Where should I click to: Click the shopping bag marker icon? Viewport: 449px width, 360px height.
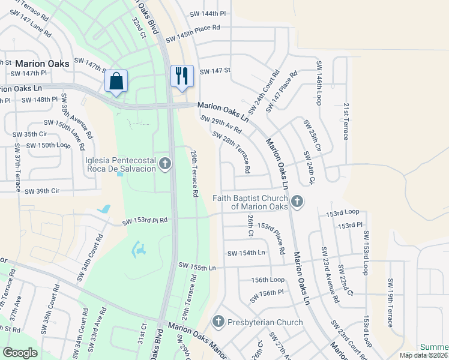click(116, 80)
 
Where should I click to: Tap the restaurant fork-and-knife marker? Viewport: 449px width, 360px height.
click(182, 76)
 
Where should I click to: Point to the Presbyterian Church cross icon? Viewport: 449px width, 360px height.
click(218, 322)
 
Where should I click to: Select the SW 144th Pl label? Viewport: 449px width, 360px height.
click(208, 13)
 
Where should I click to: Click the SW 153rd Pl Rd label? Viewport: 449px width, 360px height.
click(145, 221)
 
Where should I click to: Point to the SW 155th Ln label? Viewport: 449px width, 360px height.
click(197, 265)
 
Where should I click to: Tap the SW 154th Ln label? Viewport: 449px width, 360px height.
click(246, 253)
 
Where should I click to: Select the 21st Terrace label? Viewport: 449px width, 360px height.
click(346, 121)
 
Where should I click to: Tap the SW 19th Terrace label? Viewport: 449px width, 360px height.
click(391, 303)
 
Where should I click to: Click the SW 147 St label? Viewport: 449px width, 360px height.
click(215, 71)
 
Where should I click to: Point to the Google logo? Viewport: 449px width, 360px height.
click(20, 353)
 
